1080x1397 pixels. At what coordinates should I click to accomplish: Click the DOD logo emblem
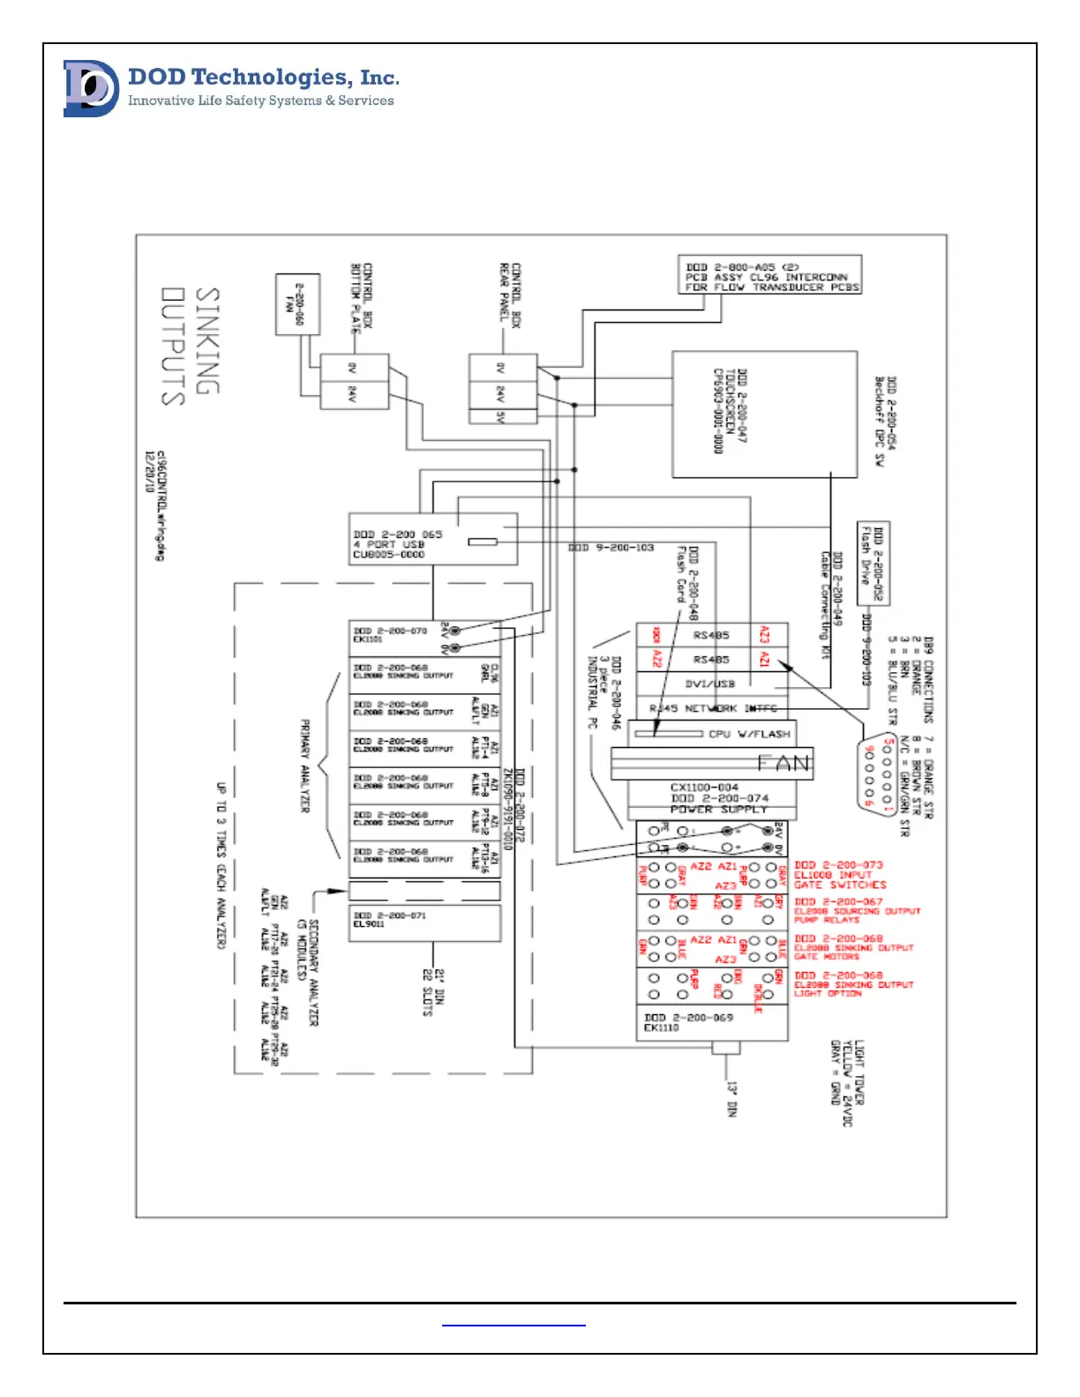tap(91, 88)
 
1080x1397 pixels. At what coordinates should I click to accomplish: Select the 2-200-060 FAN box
tap(297, 303)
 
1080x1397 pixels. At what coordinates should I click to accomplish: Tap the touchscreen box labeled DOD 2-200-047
tap(764, 414)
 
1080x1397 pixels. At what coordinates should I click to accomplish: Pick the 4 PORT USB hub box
tap(432, 539)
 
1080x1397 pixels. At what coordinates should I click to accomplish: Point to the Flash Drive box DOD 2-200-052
tap(873, 563)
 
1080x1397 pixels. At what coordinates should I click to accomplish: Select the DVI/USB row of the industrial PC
tap(711, 684)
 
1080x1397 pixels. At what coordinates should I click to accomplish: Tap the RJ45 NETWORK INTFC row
tap(711, 708)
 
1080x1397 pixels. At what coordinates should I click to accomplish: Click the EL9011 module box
tap(424, 922)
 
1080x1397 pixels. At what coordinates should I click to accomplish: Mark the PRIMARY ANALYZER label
tap(305, 766)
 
